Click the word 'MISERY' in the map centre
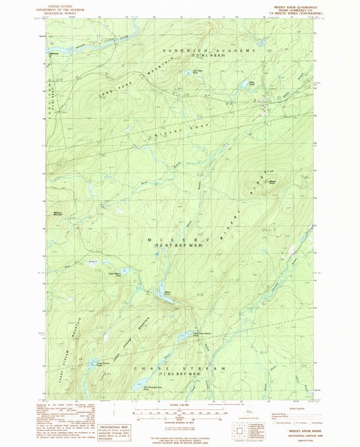[x=178, y=239]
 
